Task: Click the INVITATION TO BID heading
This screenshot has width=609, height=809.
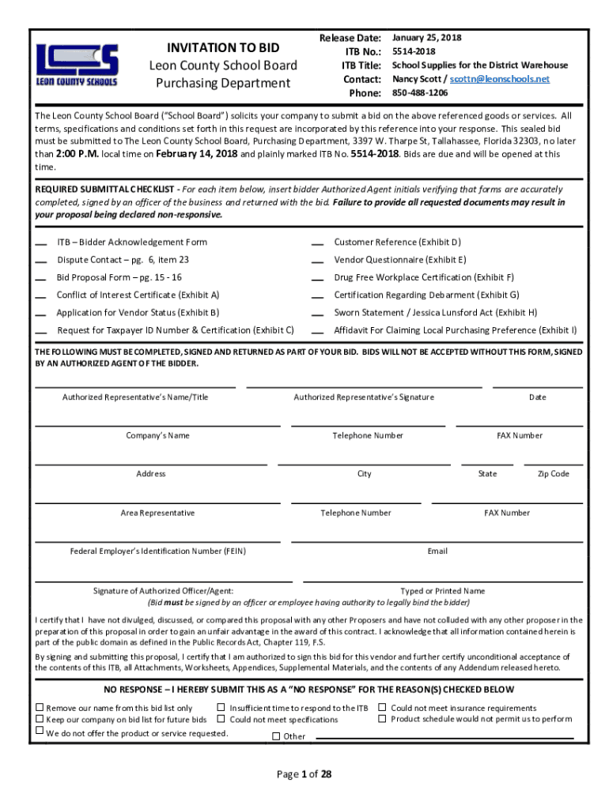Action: click(x=223, y=48)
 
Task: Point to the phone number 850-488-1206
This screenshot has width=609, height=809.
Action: click(x=420, y=93)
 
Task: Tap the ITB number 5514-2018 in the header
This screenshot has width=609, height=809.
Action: click(x=414, y=51)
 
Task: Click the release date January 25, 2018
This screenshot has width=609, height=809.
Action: click(x=427, y=38)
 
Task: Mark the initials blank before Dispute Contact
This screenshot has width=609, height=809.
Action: click(x=40, y=261)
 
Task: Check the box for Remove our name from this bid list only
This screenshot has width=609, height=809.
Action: click(x=40, y=707)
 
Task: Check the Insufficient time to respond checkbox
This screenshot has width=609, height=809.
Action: click(x=221, y=707)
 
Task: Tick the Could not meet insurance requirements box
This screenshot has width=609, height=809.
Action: click(x=383, y=707)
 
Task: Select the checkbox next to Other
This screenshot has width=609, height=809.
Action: click(x=276, y=736)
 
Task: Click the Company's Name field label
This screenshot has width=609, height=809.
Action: click(x=157, y=435)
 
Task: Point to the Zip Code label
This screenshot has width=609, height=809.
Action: click(x=553, y=474)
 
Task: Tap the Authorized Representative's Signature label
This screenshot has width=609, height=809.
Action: click(x=363, y=397)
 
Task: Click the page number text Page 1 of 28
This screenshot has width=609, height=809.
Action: click(x=304, y=774)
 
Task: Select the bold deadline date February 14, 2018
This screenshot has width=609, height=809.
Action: click(x=197, y=154)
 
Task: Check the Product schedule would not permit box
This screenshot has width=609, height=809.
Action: click(x=383, y=718)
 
